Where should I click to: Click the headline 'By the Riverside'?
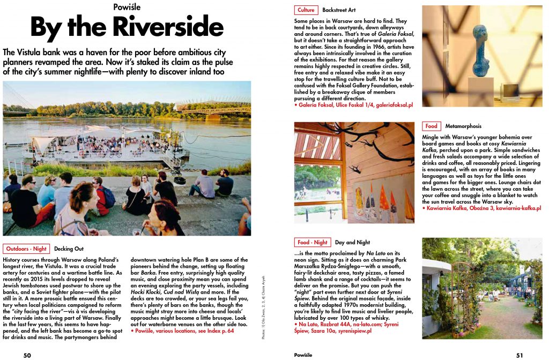click(x=127, y=28)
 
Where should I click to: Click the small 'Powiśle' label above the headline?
click(x=127, y=6)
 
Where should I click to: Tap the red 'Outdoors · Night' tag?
click(x=26, y=249)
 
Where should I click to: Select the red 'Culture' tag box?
click(x=306, y=10)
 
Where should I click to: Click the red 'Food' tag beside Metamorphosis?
click(x=431, y=126)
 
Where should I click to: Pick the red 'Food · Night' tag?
click(x=312, y=242)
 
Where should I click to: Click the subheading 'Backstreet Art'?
click(x=339, y=10)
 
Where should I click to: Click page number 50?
click(x=27, y=355)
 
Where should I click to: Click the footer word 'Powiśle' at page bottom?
click(x=304, y=355)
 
